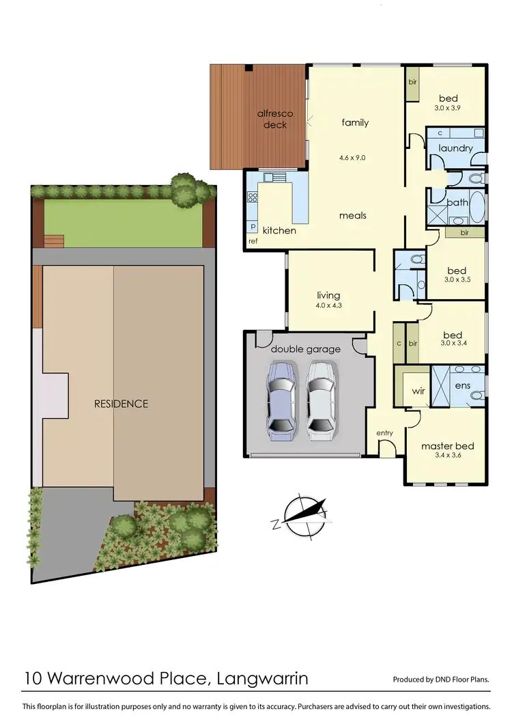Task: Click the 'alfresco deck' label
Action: [x=272, y=120]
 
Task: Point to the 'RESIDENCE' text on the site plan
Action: [x=121, y=404]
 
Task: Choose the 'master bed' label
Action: [x=447, y=446]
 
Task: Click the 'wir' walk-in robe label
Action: [x=418, y=392]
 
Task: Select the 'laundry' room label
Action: [x=455, y=148]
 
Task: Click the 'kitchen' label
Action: [x=279, y=230]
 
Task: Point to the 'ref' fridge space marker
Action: [x=253, y=241]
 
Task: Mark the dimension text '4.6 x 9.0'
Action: [x=352, y=157]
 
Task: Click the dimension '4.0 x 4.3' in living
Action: [x=328, y=305]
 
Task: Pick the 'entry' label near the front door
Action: [x=384, y=433]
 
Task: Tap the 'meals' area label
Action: [x=354, y=215]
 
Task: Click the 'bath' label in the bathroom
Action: [x=457, y=202]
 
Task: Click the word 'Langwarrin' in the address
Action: [x=262, y=678]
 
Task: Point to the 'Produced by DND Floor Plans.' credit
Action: [x=441, y=680]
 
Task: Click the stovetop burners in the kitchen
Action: [x=252, y=199]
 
